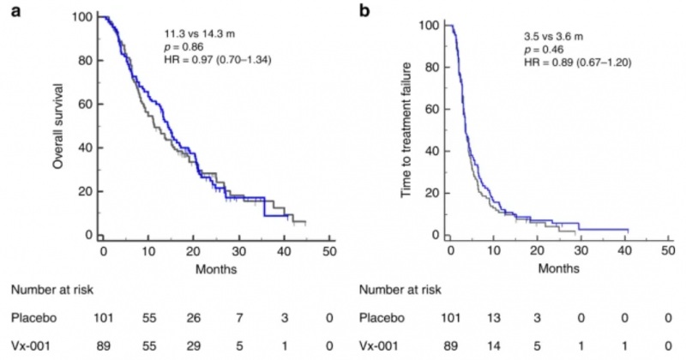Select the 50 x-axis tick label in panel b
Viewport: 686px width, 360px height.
667,250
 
